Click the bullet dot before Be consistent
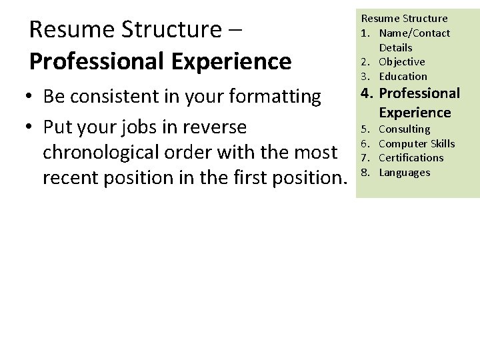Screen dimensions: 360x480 31,97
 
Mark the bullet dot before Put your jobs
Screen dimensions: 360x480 31,127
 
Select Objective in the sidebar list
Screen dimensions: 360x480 403,62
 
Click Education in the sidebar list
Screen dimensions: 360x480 403,77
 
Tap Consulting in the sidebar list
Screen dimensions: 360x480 404,129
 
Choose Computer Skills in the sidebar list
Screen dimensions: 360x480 417,144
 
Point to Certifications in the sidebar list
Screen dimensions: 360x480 411,158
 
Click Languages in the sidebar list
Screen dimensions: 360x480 404,173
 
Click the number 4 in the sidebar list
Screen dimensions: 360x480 365,93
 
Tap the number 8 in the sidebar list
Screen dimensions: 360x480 365,173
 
